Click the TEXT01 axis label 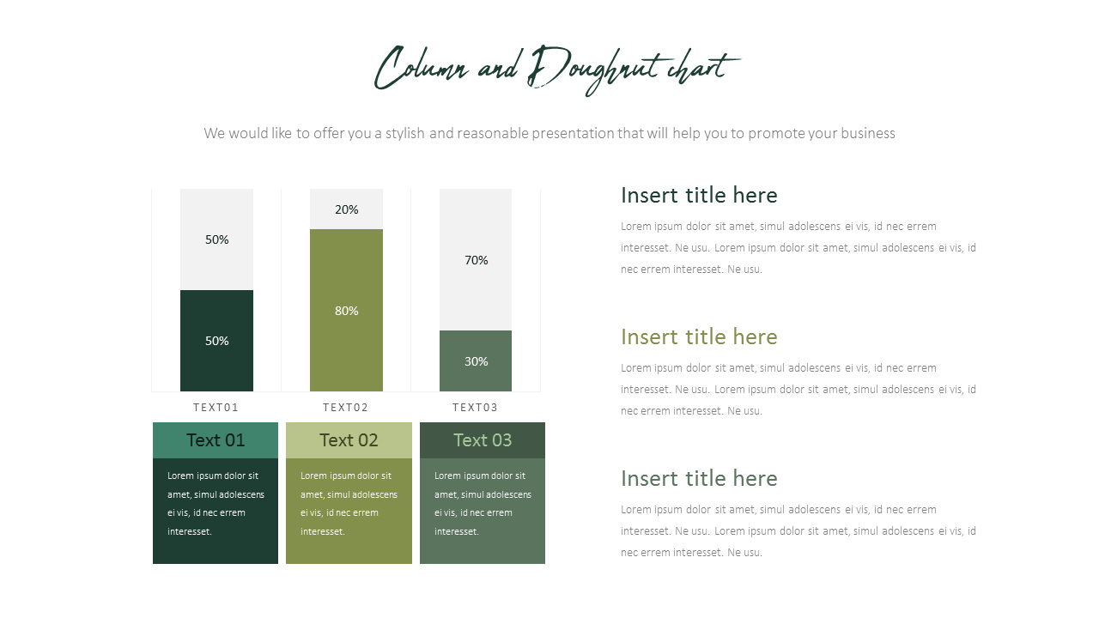216,408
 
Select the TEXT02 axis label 346,408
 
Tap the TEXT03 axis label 476,408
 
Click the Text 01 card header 216,440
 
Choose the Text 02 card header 349,440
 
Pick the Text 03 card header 483,440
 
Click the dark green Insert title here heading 699,196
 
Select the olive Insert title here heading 699,337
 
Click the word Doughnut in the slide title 592,69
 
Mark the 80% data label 347,311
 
